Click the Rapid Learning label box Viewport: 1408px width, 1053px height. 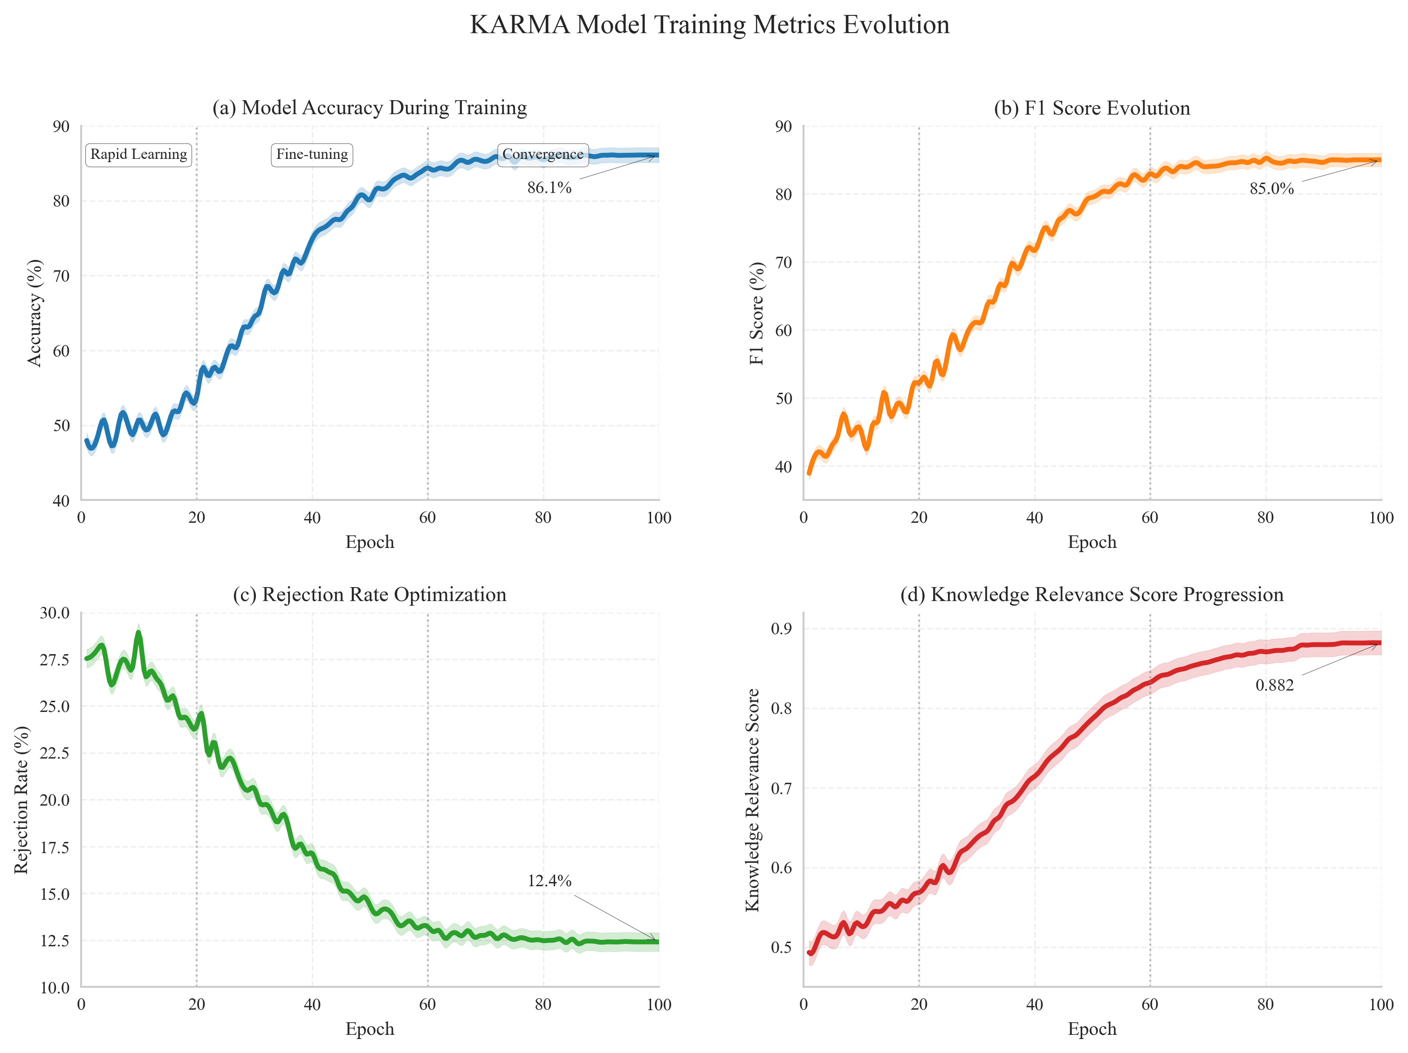pyautogui.click(x=139, y=155)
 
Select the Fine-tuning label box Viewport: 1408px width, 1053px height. pyautogui.click(x=312, y=155)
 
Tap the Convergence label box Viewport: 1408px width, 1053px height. pyautogui.click(x=543, y=155)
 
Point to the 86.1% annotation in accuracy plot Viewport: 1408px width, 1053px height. pyautogui.click(x=549, y=188)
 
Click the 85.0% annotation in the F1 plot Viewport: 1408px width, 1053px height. pyautogui.click(x=1271, y=189)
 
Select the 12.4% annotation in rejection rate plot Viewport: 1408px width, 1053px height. pyautogui.click(x=549, y=881)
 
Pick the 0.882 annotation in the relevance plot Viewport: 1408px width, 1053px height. pyautogui.click(x=1274, y=685)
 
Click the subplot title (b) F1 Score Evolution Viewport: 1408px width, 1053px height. pyautogui.click(x=1092, y=108)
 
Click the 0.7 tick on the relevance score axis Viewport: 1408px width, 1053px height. pyautogui.click(x=782, y=788)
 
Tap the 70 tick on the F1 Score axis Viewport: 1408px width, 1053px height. pyautogui.click(x=783, y=262)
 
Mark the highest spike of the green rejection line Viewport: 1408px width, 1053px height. pyautogui.click(x=138, y=632)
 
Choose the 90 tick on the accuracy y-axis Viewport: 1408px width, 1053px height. pyautogui.click(x=61, y=127)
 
